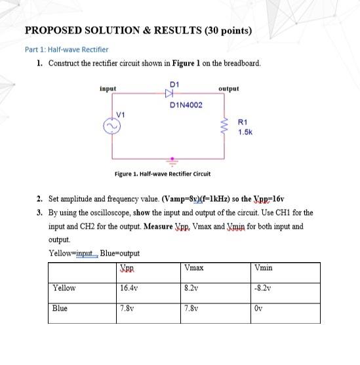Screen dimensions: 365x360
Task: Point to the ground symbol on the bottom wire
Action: (x=174, y=159)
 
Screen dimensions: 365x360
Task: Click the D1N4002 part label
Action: (x=186, y=105)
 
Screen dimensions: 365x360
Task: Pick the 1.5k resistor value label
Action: (x=245, y=132)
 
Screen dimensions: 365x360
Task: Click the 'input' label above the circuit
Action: (x=108, y=88)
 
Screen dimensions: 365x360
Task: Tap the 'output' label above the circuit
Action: (x=228, y=88)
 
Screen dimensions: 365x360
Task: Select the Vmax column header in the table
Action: (x=194, y=268)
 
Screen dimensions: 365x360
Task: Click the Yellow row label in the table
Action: (x=64, y=288)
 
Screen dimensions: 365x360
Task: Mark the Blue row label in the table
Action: (x=60, y=308)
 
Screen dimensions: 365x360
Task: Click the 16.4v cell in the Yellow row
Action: (x=129, y=288)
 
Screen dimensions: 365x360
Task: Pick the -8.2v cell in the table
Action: (x=262, y=288)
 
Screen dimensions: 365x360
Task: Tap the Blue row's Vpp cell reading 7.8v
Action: (x=127, y=308)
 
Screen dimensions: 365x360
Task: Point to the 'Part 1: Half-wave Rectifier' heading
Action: (x=66, y=49)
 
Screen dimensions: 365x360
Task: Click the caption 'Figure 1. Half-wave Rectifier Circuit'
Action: (x=162, y=174)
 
